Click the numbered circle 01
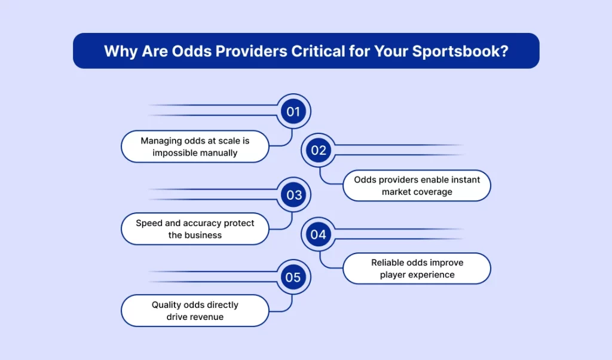[293, 111]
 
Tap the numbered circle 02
[319, 151]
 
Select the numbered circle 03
[293, 195]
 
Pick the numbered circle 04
[319, 234]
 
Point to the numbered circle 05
[293, 277]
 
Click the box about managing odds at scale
[195, 147]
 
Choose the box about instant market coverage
[417, 185]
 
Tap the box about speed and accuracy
[195, 229]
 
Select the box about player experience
[417, 269]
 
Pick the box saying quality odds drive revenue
[195, 310]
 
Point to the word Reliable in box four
[390, 263]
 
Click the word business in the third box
[203, 236]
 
